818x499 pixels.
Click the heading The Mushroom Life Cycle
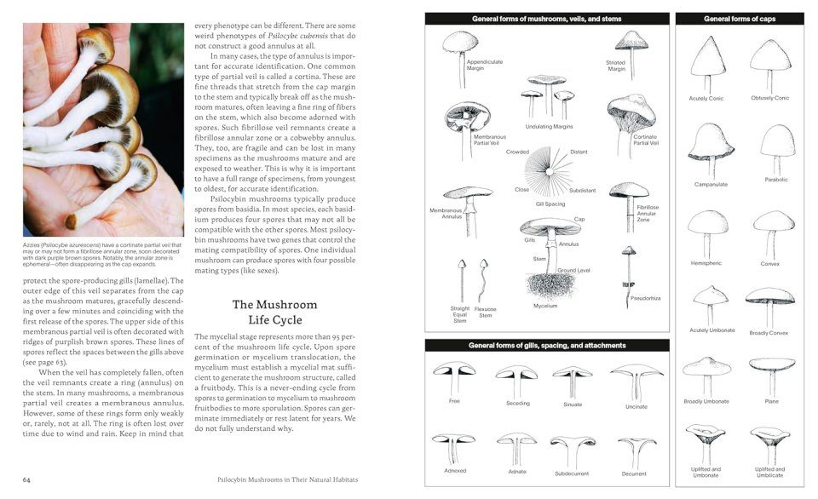pyautogui.click(x=274, y=313)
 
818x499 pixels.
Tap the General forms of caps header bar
pyautogui.click(x=739, y=19)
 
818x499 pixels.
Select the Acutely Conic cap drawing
pyautogui.click(x=706, y=63)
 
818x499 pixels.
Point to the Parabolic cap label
pyautogui.click(x=775, y=180)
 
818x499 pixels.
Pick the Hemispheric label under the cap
pyautogui.click(x=706, y=263)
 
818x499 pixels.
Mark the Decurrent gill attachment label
pyautogui.click(x=634, y=473)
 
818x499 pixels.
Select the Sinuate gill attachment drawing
pyautogui.click(x=572, y=380)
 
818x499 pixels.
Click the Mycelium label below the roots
pyautogui.click(x=545, y=306)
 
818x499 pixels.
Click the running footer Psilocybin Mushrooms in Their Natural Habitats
pyautogui.click(x=287, y=479)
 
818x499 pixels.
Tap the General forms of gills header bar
pyautogui.click(x=547, y=346)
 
